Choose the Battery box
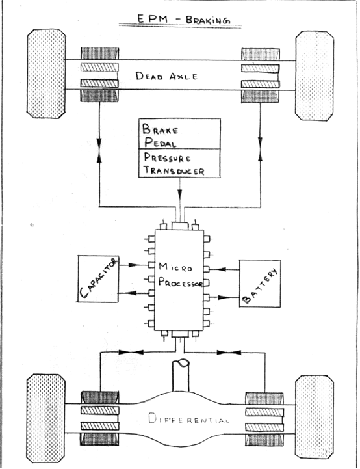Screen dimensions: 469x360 (x=261, y=283)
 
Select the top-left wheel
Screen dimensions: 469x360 (x=45, y=74)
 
